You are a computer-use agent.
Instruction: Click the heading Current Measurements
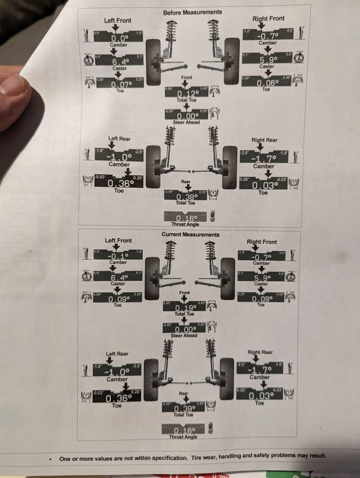click(191, 235)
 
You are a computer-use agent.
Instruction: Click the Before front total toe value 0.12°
click(187, 94)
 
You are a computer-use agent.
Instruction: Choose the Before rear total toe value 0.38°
click(187, 195)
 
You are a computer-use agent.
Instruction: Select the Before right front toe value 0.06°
click(263, 84)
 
